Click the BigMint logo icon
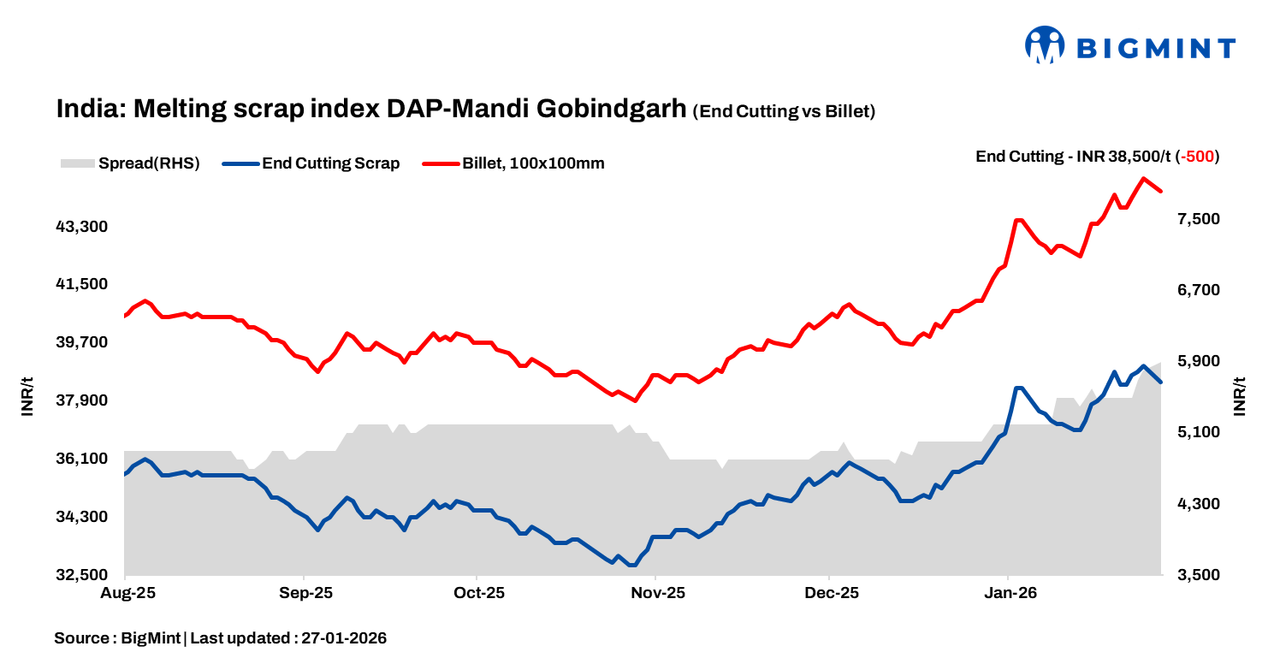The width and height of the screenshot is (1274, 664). click(x=1045, y=45)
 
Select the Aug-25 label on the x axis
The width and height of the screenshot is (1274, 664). click(x=126, y=593)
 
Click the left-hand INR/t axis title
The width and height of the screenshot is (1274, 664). click(x=27, y=396)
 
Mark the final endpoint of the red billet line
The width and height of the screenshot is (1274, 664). click(x=1161, y=191)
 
